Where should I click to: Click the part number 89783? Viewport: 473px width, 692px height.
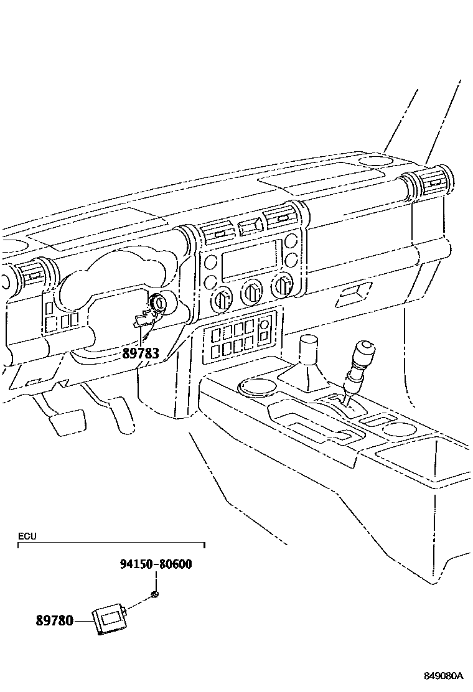pos(141,353)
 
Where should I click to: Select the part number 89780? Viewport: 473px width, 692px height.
pos(55,620)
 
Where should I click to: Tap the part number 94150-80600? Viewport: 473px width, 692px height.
pos(156,564)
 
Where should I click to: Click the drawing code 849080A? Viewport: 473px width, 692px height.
pos(444,676)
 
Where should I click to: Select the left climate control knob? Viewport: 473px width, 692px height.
pos(222,300)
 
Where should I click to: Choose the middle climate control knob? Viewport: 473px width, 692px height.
pos(253,291)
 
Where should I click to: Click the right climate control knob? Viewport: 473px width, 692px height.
pos(283,286)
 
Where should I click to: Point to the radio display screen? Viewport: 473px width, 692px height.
pos(250,258)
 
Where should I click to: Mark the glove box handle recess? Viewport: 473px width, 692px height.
pos(353,296)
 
